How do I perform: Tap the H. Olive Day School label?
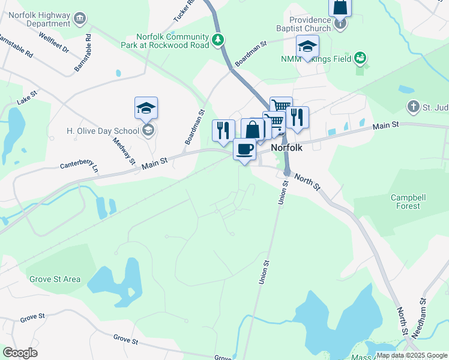(103, 131)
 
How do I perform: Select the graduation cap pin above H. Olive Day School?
(146, 108)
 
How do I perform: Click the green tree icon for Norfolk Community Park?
(218, 41)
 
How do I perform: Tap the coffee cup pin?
(244, 148)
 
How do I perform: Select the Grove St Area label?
(55, 279)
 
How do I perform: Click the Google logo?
(20, 353)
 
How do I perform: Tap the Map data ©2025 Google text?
(411, 355)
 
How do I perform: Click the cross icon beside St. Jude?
(413, 107)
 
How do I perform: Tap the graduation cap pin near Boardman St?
(307, 47)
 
